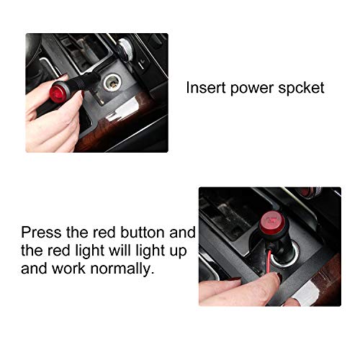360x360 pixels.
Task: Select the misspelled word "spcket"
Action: point(302,89)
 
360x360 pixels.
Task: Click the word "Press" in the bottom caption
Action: point(41,233)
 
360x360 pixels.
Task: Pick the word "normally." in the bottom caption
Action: point(122,269)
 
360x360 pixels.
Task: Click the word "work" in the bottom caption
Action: point(68,268)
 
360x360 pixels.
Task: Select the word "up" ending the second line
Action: point(179,252)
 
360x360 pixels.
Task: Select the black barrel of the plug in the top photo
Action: point(82,82)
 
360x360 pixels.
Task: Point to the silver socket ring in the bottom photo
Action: point(286,254)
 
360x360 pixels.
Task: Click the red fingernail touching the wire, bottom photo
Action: point(279,276)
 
